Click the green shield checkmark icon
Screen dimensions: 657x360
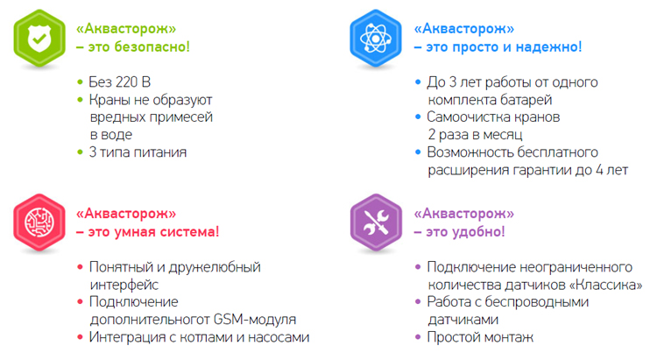(39, 38)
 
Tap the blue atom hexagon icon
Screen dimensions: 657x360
(376, 38)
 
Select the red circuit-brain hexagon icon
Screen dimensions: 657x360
(39, 222)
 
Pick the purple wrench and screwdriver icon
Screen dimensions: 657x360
(376, 222)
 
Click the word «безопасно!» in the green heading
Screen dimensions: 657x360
(152, 46)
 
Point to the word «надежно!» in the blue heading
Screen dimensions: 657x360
(548, 46)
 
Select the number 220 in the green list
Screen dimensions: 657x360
(126, 81)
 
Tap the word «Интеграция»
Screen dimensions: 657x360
(127, 337)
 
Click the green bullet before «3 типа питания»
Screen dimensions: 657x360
(80, 152)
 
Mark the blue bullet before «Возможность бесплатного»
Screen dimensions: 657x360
(418, 152)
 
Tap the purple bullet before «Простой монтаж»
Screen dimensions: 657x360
(418, 337)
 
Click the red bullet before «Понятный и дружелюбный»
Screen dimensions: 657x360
(80, 267)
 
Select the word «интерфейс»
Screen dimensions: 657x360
(124, 285)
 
